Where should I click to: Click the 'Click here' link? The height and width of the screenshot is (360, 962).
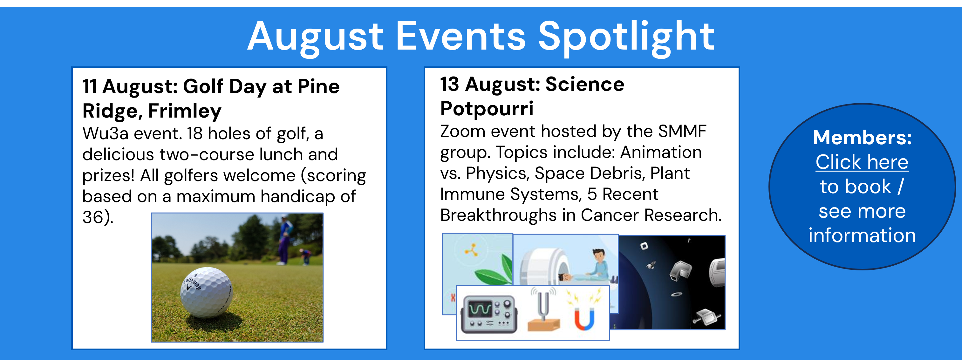click(x=862, y=162)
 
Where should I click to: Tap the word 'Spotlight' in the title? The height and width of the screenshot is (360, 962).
click(x=626, y=37)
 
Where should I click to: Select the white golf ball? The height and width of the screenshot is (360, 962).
click(x=206, y=292)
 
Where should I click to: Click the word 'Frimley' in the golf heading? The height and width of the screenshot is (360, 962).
click(x=185, y=111)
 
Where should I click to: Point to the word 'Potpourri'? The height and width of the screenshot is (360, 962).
click(x=487, y=109)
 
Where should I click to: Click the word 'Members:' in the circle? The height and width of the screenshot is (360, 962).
click(x=862, y=138)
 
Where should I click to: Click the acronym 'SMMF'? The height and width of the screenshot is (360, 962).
click(x=682, y=131)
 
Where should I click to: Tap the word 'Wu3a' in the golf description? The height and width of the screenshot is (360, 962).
click(x=105, y=133)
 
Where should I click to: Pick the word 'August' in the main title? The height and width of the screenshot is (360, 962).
click(x=316, y=37)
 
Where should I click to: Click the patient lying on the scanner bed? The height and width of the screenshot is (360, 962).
click(x=579, y=277)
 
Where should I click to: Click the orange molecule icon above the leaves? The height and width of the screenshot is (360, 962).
click(x=472, y=250)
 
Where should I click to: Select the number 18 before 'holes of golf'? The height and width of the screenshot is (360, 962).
click(x=194, y=133)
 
